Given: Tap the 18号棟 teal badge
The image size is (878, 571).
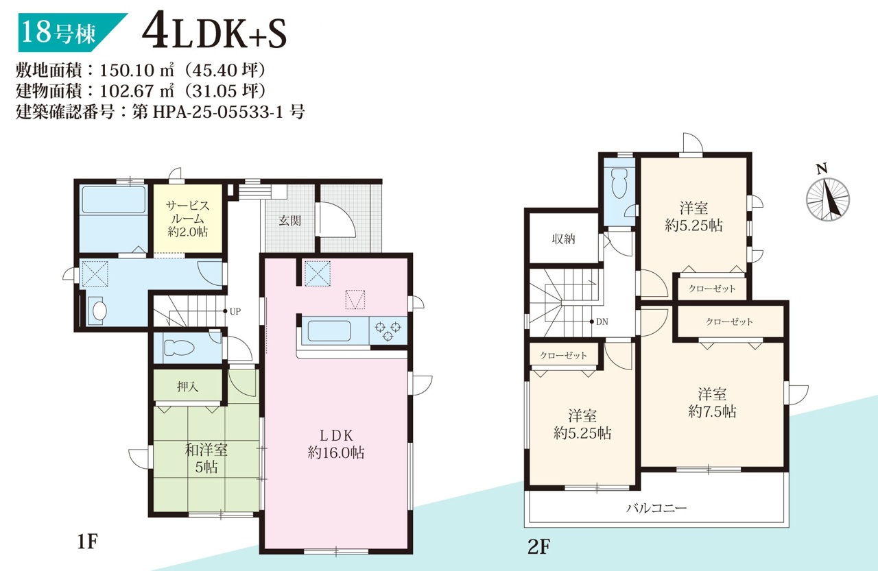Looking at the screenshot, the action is click(x=73, y=32).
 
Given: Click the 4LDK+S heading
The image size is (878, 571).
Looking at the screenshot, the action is click(x=215, y=33).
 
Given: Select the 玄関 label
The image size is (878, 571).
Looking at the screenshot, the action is click(x=289, y=221).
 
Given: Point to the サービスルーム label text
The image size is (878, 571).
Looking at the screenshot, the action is click(x=187, y=219).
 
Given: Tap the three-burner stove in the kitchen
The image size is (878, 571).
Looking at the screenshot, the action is click(x=388, y=331).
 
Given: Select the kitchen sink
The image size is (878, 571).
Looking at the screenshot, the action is click(x=329, y=331).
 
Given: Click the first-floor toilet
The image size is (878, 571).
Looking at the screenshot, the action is click(x=179, y=348).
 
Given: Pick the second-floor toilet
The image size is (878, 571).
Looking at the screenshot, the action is click(x=619, y=184).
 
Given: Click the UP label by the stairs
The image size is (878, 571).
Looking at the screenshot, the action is click(x=235, y=312).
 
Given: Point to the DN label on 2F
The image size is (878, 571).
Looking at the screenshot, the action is click(x=602, y=322).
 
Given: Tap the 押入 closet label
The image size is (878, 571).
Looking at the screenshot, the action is click(x=188, y=387).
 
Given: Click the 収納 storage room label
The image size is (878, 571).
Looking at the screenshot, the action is click(x=563, y=239).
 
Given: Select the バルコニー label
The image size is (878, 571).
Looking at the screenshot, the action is click(x=656, y=509).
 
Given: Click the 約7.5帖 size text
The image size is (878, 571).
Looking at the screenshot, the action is click(x=712, y=411).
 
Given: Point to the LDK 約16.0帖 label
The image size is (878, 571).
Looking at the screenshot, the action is click(x=336, y=444).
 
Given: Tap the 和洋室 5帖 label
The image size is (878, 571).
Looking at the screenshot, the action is click(x=206, y=459).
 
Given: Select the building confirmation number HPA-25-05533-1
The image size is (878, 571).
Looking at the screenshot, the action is click(x=217, y=112).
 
